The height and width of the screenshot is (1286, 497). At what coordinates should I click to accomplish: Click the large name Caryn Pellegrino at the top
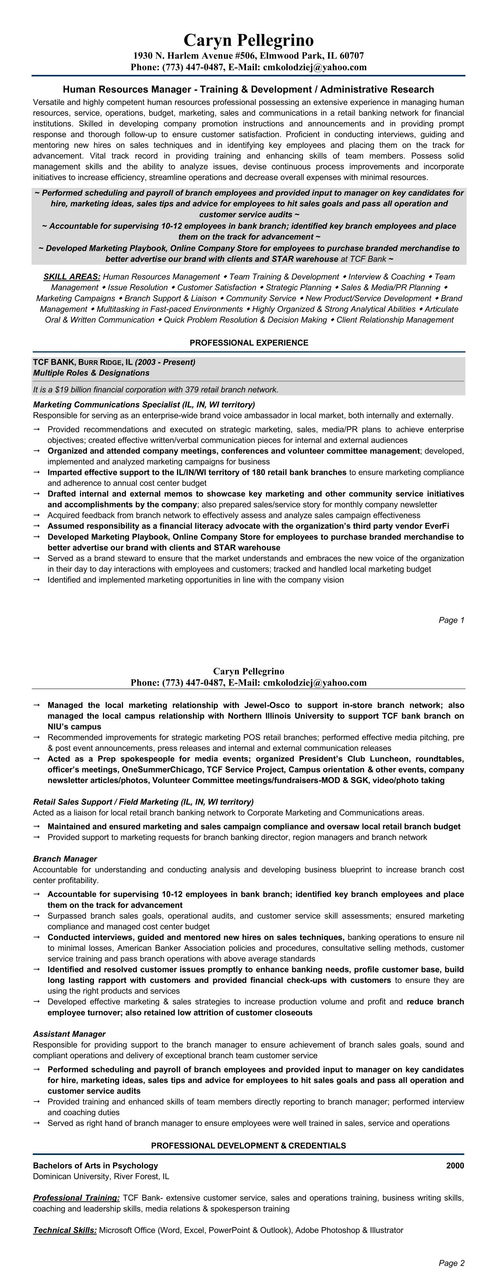point(249,40)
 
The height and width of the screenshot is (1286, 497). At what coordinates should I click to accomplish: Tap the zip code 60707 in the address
point(351,56)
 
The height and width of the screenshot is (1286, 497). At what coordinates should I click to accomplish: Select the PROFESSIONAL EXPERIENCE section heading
point(249,342)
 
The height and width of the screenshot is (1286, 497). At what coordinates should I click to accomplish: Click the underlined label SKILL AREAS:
point(72,276)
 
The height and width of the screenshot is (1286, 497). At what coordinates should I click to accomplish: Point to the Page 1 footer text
point(451,620)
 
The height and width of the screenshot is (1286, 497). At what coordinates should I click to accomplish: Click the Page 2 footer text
point(451,1263)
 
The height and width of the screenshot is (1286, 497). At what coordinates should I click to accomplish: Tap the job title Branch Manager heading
point(65,859)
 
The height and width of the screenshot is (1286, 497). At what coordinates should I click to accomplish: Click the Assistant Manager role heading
point(69,1034)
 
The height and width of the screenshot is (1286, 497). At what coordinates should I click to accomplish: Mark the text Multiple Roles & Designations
point(91,373)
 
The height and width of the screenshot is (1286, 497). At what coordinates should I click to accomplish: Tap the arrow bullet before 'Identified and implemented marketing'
point(36,579)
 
